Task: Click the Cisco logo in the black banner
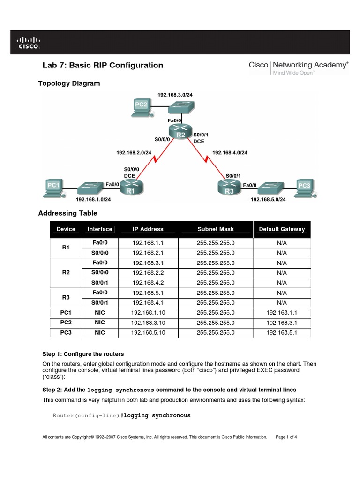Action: point(29,43)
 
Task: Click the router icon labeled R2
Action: point(180,132)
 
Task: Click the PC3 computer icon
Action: point(305,187)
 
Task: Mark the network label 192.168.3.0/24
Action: point(175,95)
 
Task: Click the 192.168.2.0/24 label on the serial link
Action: point(134,152)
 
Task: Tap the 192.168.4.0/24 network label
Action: point(230,152)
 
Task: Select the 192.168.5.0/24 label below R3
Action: point(268,199)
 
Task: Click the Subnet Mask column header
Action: point(215,229)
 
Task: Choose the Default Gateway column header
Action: point(282,229)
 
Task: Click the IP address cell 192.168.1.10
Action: point(148,313)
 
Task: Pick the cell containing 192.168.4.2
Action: point(148,283)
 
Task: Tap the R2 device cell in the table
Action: point(66,272)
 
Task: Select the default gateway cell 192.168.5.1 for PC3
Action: point(282,333)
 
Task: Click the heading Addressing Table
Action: point(67,213)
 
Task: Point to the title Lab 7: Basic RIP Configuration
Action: point(103,66)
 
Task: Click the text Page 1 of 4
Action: point(286,437)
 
